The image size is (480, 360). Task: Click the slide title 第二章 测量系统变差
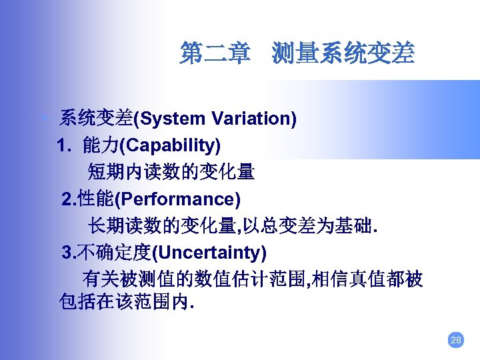(297, 53)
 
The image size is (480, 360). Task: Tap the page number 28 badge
(455, 341)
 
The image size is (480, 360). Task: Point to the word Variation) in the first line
(254, 119)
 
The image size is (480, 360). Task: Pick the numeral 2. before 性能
(69, 199)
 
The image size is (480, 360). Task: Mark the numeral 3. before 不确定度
(69, 253)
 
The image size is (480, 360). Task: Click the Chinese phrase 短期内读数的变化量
(171, 172)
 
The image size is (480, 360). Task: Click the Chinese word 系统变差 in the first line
(96, 119)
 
